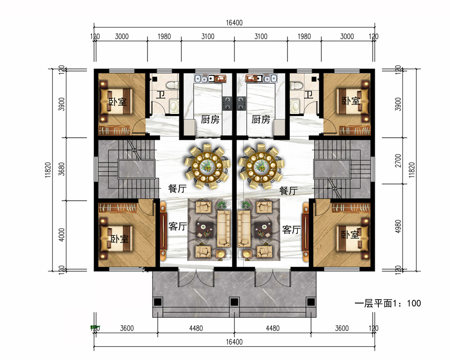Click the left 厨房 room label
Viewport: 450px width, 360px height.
coord(210,119)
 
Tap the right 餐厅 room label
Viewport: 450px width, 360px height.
coord(288,190)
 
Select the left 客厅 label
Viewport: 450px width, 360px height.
coord(178,226)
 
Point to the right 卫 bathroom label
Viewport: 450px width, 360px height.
coord(309,94)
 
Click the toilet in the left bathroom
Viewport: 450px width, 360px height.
coord(173,85)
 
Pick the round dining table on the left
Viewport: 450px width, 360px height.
coord(207,166)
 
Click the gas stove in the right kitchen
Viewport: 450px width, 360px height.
coord(241,103)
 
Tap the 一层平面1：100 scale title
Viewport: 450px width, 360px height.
coord(388,303)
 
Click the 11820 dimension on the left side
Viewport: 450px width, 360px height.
coord(48,170)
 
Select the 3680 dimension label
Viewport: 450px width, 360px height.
coord(61,169)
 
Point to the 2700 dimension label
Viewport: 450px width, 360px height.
coord(398,161)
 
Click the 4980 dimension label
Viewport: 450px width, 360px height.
coord(398,226)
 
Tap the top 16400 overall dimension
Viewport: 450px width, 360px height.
coord(234,22)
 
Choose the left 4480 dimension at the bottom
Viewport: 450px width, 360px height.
coord(196,328)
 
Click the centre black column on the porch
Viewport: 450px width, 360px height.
coord(234,302)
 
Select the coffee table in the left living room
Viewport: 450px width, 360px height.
coord(205,229)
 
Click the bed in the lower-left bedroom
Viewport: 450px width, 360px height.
coord(116,238)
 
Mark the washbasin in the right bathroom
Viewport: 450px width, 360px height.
coord(294,106)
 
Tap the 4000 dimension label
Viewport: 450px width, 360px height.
coord(61,235)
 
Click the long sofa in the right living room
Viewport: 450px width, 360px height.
coord(244,229)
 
